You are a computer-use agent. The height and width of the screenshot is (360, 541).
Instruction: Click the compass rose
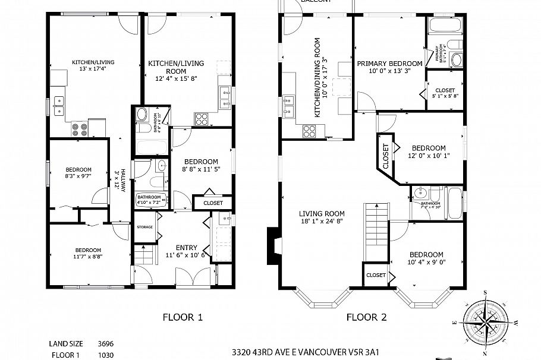487,320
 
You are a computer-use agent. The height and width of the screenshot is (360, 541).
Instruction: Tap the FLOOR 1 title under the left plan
183,317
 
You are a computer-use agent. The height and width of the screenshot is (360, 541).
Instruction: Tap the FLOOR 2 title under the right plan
367,317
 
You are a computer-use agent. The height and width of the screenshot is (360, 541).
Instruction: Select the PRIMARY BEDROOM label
389,64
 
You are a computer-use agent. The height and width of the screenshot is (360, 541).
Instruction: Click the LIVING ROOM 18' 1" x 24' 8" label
322,217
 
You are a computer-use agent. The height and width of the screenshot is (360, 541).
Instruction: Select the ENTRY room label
186,248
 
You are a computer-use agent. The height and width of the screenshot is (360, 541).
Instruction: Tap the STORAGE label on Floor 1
145,227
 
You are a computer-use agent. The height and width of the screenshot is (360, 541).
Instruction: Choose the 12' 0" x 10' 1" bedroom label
429,152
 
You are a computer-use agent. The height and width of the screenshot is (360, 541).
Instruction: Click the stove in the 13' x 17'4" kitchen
79,127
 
